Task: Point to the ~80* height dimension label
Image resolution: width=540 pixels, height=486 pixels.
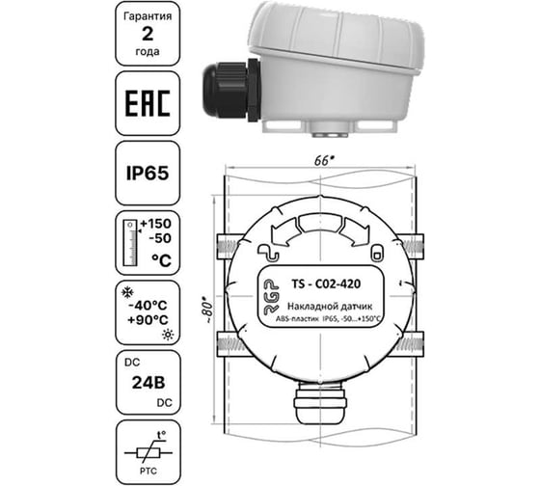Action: click(201, 316)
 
